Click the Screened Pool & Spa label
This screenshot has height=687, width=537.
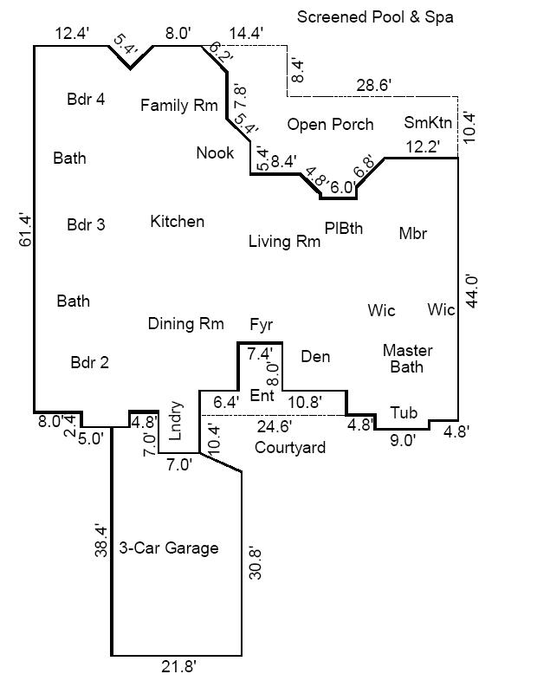point(375,16)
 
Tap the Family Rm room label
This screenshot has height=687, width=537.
point(179,106)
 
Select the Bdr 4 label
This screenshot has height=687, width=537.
point(86,99)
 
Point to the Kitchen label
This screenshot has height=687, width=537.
point(178,222)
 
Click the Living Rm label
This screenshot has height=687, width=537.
point(284,242)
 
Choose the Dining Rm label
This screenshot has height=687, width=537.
point(185,324)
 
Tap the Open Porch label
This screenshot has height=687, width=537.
point(330,125)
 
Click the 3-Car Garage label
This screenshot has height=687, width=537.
point(168,548)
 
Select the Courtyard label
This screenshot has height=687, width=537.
point(290,448)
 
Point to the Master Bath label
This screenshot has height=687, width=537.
point(407,359)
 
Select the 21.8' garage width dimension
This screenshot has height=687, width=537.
point(179,666)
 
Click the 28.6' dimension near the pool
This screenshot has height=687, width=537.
point(373,85)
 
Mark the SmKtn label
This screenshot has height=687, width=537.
point(428,122)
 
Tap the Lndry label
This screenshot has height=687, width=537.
point(176,421)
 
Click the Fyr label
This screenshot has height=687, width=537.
point(261,325)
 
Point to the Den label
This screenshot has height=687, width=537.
point(315,356)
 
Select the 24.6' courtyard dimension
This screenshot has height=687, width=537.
point(274,425)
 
